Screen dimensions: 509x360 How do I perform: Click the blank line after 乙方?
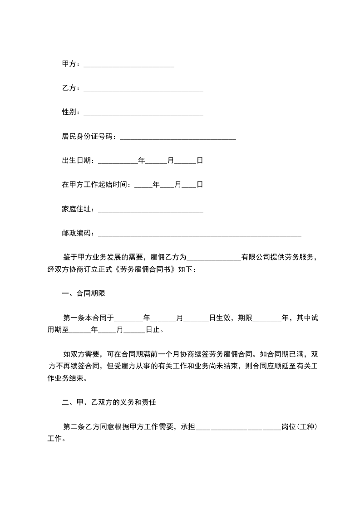(143, 89)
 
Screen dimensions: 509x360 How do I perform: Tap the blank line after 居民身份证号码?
(177, 137)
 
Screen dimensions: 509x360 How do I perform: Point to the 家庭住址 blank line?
(151, 210)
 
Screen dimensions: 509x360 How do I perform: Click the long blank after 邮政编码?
(200, 234)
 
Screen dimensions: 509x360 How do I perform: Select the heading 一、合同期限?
(84, 294)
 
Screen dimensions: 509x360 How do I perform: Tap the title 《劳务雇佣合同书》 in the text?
(146, 269)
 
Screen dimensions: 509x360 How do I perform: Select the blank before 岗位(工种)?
(238, 427)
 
